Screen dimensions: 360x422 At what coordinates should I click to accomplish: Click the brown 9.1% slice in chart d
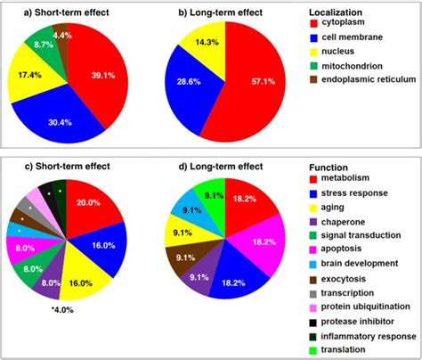[184, 257]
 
